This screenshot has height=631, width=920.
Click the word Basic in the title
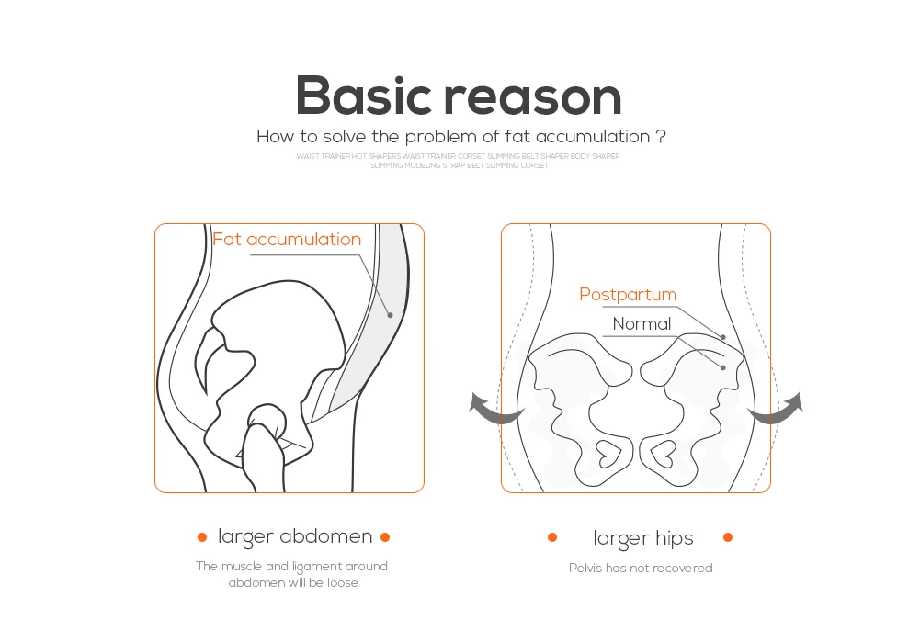[x=362, y=96]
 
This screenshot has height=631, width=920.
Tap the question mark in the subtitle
[x=661, y=137]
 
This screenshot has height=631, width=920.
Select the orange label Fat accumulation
[x=287, y=240]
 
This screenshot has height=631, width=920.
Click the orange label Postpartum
[x=628, y=295]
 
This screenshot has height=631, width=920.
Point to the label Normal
[x=642, y=323]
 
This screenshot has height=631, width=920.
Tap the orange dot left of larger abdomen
[x=202, y=537]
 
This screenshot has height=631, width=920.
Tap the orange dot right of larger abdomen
[x=385, y=537]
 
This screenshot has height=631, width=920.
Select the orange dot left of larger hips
[x=552, y=537]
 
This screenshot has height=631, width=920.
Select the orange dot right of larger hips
[x=728, y=537]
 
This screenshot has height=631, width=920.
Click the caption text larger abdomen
[x=295, y=537]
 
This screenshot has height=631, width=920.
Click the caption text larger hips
[x=643, y=538]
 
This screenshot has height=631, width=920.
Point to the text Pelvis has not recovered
[x=641, y=569]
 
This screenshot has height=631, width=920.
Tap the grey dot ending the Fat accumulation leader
[x=390, y=315]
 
